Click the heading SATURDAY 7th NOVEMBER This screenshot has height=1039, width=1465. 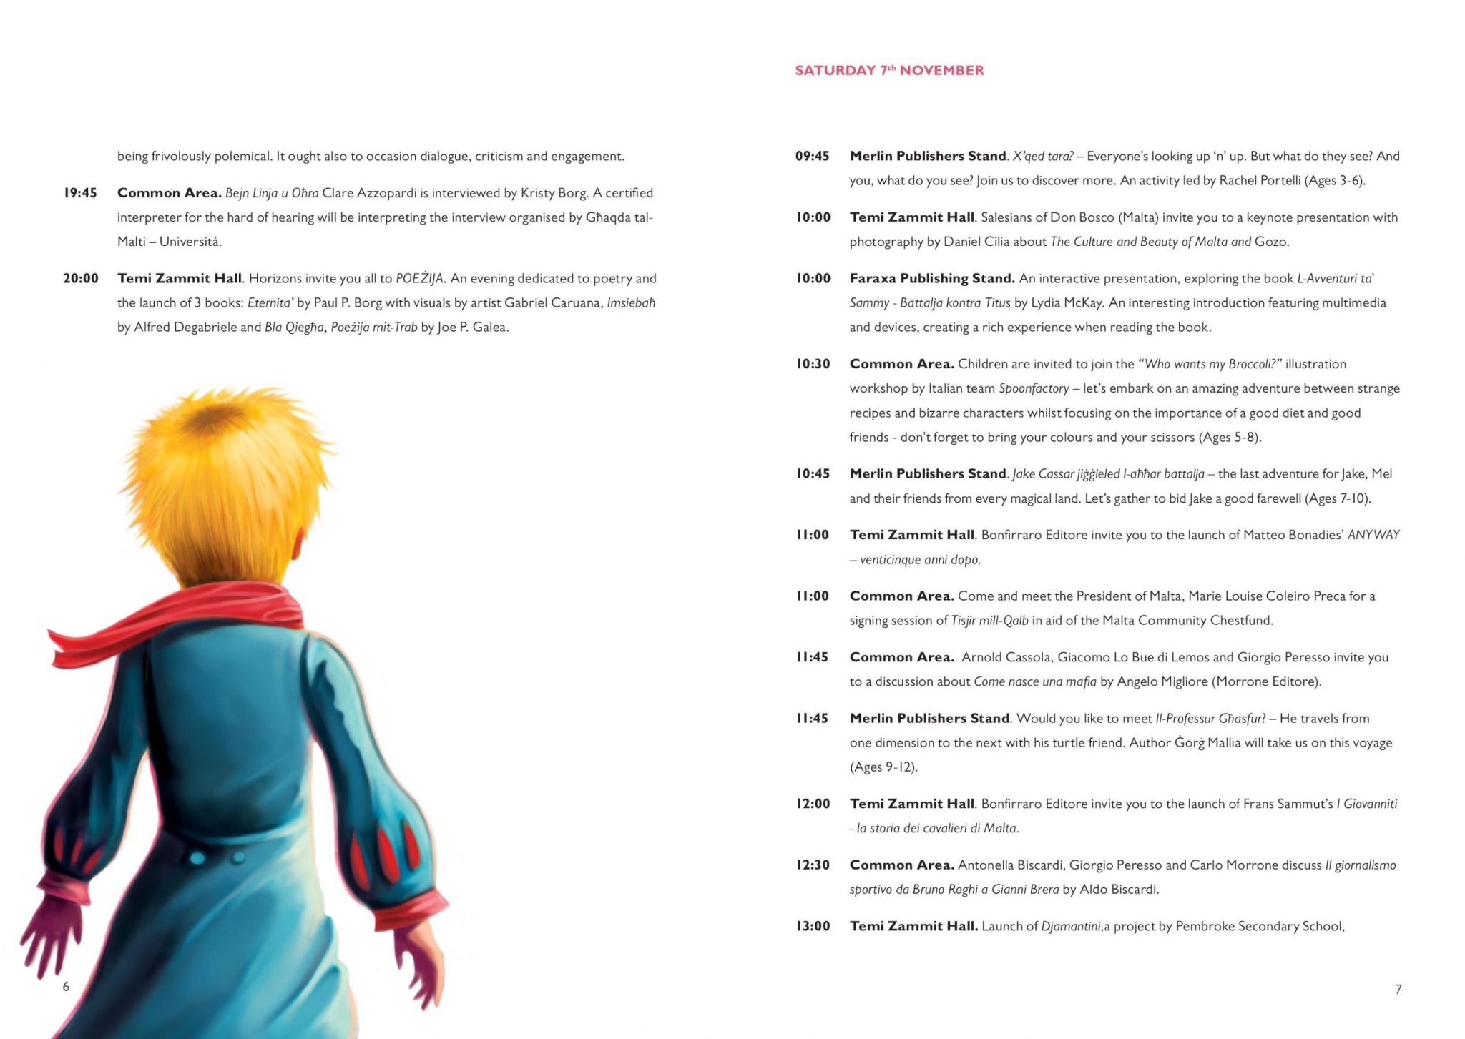889,70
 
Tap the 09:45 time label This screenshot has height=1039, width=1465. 812,156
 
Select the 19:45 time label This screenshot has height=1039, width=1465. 80,193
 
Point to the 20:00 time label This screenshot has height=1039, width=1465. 81,278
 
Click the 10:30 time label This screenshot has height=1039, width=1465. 813,364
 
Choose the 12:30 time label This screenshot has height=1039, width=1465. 813,865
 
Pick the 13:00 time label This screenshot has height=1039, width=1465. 813,926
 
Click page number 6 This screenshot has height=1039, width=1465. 66,987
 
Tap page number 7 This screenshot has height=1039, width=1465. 1398,989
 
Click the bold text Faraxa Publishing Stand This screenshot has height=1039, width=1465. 932,278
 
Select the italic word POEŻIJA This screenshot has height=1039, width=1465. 420,279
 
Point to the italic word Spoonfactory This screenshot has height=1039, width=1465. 1034,388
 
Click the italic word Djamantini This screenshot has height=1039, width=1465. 1071,926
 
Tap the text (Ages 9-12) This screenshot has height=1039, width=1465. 883,767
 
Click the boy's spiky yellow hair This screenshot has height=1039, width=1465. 222,472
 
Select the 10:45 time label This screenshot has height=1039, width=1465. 813,473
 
